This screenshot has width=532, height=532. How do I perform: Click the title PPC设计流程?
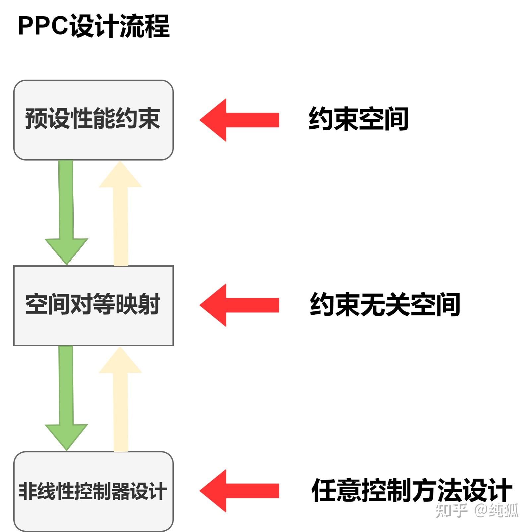coord(94,26)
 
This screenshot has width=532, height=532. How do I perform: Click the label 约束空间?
coord(358,119)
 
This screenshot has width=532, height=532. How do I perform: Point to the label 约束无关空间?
coord(385,304)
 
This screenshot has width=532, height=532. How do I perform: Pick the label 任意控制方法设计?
coord(412,490)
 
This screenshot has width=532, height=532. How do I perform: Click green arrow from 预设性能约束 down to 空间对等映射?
coord(66,212)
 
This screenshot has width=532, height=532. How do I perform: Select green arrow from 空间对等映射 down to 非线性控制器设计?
coord(66,398)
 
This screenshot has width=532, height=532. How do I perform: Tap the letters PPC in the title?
coord(42,26)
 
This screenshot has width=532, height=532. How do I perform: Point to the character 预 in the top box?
coord(36,118)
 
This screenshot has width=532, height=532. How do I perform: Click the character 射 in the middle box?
coord(150,304)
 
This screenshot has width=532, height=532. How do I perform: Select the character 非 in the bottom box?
coord(28,491)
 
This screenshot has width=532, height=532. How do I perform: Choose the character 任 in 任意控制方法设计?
coord(324,490)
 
